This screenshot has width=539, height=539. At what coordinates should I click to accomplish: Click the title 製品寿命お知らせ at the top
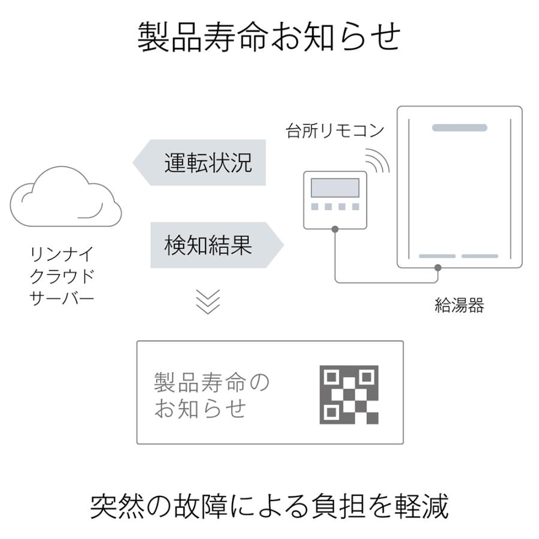tap(269, 37)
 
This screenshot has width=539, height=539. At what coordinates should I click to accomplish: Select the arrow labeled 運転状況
tap(199, 162)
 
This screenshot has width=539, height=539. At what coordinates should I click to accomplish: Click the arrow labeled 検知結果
tap(217, 245)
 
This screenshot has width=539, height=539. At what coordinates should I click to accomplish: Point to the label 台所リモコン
tap(335, 131)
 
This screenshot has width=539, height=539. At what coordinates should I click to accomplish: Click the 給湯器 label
tap(459, 305)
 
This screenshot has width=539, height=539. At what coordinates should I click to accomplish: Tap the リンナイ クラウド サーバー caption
tap(62, 276)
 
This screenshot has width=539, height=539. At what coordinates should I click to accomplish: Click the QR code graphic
tap(349, 394)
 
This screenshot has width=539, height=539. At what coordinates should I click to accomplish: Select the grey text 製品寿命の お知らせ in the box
tap(211, 395)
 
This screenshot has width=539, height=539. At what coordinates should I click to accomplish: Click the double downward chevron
tap(208, 302)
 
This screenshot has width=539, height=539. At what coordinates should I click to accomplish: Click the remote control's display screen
tap(335, 187)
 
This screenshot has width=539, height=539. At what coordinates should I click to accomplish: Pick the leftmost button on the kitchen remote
tap(314, 207)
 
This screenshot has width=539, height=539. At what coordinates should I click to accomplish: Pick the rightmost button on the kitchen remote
tap(356, 207)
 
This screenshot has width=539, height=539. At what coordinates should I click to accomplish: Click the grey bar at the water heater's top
tap(459, 128)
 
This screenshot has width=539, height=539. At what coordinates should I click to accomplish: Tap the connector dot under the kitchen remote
tap(335, 229)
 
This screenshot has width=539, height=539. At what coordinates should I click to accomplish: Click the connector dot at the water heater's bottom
tap(438, 268)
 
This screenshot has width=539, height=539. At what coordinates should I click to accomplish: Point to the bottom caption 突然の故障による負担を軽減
tap(269, 506)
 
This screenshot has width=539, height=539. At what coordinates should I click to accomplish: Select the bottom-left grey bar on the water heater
tap(437, 256)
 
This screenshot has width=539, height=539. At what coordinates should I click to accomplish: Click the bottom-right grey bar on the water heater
tap(480, 256)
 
